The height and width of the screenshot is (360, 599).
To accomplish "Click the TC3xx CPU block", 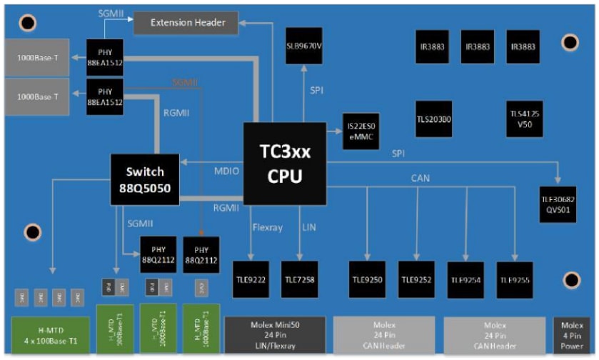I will [285, 164].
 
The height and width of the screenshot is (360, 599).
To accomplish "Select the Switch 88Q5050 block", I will [144, 179].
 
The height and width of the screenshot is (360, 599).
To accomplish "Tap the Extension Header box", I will [188, 23].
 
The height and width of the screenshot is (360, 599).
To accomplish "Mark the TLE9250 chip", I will [367, 279].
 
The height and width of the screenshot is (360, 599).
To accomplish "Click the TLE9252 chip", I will [417, 279].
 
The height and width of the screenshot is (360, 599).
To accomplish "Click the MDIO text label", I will [226, 172].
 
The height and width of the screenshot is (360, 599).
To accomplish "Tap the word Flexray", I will [268, 226].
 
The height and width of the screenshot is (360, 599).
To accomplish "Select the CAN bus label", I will [421, 178].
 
